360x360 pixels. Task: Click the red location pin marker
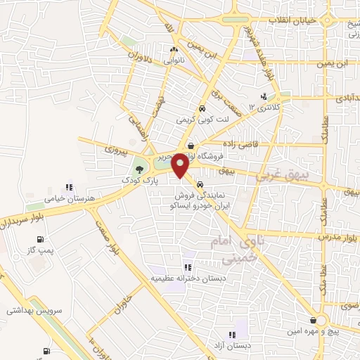(x=180, y=165)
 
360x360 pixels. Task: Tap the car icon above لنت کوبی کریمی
(x=202, y=109)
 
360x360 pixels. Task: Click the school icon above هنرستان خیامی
(x=69, y=188)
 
